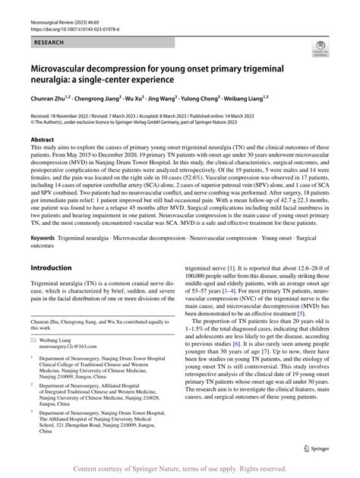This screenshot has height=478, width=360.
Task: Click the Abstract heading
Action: click(42, 140)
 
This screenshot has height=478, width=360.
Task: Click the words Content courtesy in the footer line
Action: click(114, 468)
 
